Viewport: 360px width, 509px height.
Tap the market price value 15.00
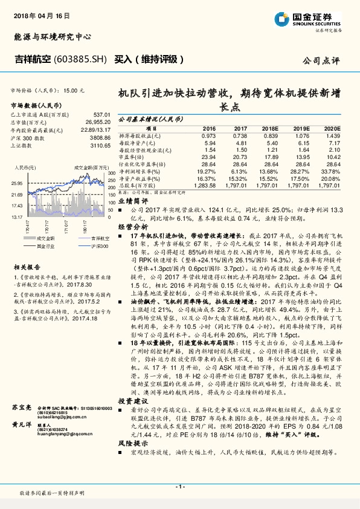click(x=74, y=89)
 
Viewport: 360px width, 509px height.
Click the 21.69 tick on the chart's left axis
click(x=16, y=195)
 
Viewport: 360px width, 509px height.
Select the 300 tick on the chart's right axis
click(x=112, y=173)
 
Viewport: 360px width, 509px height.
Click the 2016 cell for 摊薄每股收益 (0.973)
click(x=208, y=136)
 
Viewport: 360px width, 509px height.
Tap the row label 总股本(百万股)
click(x=138, y=186)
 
